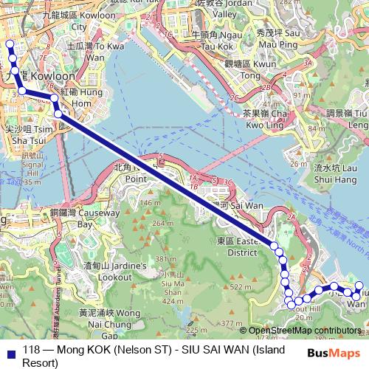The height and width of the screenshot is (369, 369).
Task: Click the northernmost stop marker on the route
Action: pos(10,44)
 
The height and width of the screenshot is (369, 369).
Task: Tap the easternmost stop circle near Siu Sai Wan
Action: pos(359,285)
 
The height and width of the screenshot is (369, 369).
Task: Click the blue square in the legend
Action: pos(8,351)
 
